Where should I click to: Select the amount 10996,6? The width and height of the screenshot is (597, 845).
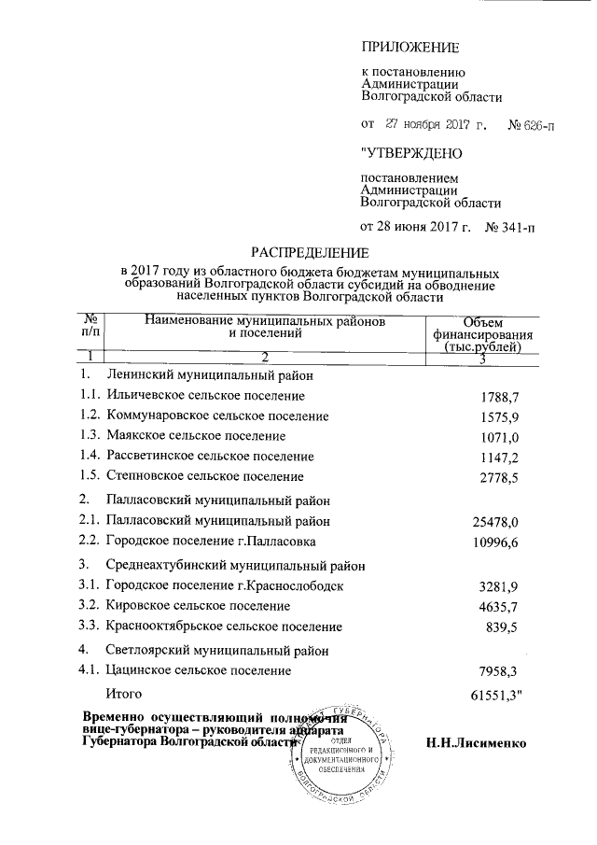point(494,542)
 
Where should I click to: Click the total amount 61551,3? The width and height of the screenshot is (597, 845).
point(495,695)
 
